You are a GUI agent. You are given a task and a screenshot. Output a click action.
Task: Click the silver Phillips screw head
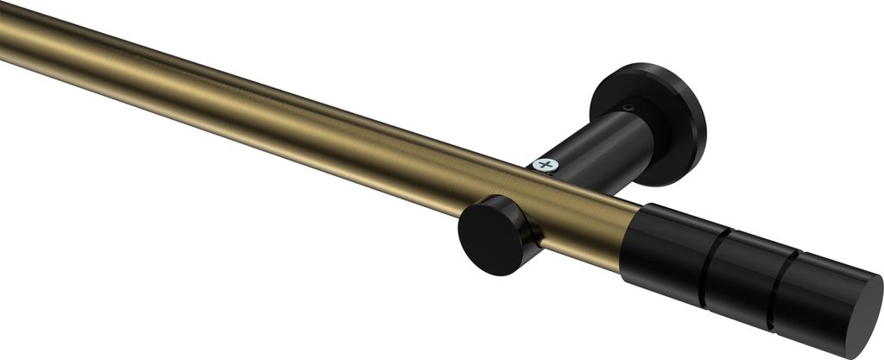(x=546, y=163)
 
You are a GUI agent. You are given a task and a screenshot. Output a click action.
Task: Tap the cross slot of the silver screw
(x=546, y=163)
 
